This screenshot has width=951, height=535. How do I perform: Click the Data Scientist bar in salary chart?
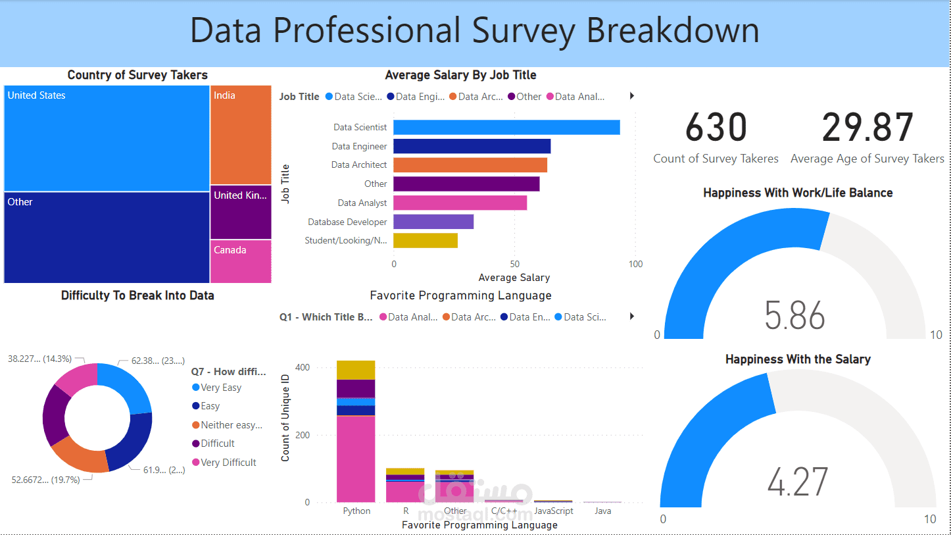point(506,128)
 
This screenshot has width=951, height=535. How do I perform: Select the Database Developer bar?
point(433,222)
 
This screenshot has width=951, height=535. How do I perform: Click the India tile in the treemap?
point(241,135)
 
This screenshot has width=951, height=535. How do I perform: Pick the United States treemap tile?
point(107,139)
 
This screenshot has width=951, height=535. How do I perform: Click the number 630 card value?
point(716,128)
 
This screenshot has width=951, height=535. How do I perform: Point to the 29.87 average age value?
point(867,128)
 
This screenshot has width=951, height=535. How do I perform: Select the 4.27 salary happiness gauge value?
point(797,482)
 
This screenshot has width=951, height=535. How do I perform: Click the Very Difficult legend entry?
point(228,463)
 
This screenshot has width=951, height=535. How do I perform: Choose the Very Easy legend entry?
point(220,388)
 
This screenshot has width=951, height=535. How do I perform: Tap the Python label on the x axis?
point(356,511)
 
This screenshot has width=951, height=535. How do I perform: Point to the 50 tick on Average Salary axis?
point(514,264)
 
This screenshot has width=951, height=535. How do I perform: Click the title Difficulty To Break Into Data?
point(137,295)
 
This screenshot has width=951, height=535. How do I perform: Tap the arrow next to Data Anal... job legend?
point(632,96)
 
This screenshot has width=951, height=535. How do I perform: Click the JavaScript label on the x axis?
point(553,511)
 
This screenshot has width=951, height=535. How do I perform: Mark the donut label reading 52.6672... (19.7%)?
point(45,480)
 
